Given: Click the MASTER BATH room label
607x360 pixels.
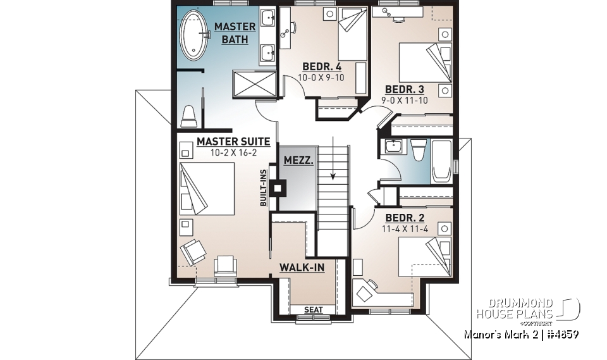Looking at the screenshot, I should [235, 33].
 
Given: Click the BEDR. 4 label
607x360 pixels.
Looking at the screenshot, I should [322, 66].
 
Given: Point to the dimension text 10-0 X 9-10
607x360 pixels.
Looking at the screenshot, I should [321, 77].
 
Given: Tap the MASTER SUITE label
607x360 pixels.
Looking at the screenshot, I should [233, 142].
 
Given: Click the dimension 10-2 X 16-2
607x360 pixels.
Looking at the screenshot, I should [233, 152].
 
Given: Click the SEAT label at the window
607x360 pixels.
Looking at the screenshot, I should [313, 309].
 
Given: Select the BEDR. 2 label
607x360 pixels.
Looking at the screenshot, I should [405, 218].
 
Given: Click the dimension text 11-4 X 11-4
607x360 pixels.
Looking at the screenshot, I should [405, 229].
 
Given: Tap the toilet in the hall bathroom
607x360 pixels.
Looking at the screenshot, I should [418, 152].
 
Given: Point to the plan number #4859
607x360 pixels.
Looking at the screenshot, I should [560, 333].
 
